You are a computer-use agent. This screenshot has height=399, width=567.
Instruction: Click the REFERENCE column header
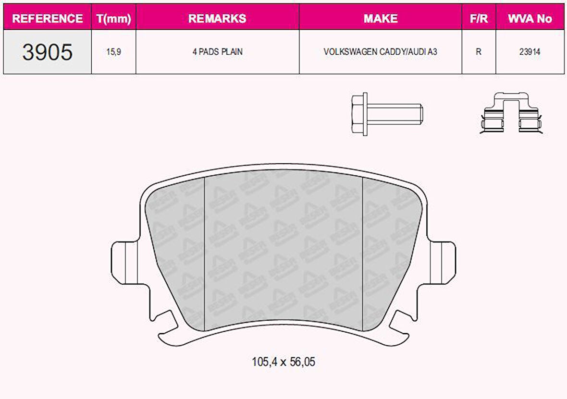pos(47,18)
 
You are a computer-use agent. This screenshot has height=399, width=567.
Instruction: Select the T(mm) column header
pos(113,18)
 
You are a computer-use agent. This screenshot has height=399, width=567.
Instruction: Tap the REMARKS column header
pos(217,18)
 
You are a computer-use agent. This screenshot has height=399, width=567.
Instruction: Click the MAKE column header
pos(381,18)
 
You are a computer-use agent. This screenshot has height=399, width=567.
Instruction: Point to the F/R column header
pos(479,18)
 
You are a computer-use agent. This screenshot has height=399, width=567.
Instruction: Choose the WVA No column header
pos(530,18)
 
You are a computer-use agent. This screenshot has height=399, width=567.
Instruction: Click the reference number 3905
pos(47,52)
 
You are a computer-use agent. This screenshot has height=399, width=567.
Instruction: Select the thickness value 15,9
pos(113,52)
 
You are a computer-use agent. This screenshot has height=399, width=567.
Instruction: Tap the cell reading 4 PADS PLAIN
pos(217,52)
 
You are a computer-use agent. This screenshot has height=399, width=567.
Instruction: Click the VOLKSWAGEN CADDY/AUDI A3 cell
pos(381,52)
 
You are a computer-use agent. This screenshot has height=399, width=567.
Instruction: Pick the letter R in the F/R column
pos(479,52)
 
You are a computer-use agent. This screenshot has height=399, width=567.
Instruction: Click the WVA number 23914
pos(530,52)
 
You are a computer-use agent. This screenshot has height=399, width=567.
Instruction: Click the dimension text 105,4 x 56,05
pos(283,362)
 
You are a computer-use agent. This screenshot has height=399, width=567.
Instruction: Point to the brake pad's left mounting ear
pos(123,262)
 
